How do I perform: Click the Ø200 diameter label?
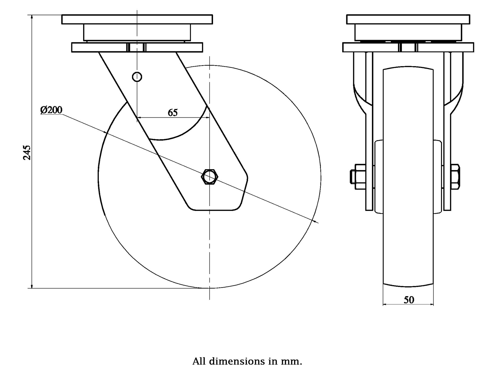coord(51,110)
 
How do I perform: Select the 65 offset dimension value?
coord(173,113)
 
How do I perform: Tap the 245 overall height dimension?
coord(27,152)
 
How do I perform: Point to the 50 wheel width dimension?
coord(409,300)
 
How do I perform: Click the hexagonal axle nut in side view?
coord(210,177)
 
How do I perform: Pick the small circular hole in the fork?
coord(137,76)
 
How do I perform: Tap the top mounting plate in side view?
coord(137,19)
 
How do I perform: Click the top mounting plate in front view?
coord(408,19)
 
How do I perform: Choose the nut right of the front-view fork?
coord(455,177)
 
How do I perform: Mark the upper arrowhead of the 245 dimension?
coord(32,17)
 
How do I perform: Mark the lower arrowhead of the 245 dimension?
coord(32,286)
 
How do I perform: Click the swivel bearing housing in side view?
coord(137,32)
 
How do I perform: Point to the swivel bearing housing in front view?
coord(408,32)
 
